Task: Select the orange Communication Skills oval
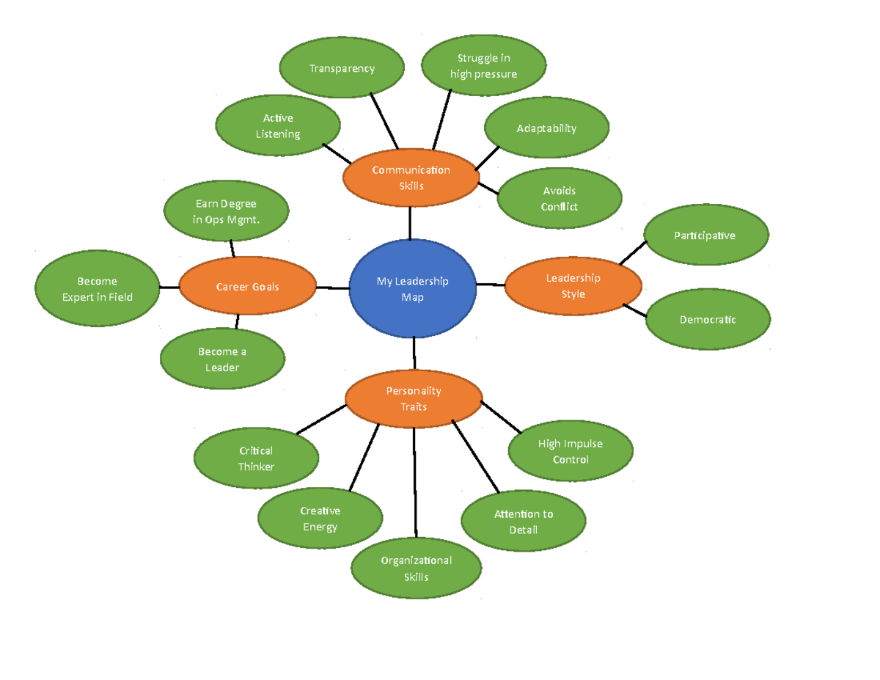click(x=411, y=178)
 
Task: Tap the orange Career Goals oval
click(x=248, y=287)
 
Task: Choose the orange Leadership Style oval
click(x=573, y=285)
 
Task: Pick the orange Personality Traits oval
click(x=414, y=398)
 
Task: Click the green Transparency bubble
click(x=342, y=68)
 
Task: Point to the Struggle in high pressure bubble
click(x=484, y=66)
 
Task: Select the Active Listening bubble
click(x=278, y=125)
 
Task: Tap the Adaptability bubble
click(x=546, y=128)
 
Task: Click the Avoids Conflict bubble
click(x=560, y=199)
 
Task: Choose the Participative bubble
click(x=705, y=235)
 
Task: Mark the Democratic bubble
click(x=708, y=319)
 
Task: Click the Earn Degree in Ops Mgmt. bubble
click(x=226, y=211)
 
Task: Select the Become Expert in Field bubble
click(x=98, y=289)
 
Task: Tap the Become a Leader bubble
click(x=222, y=359)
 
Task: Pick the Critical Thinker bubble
click(x=256, y=458)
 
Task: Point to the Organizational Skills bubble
click(x=416, y=569)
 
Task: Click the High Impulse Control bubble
click(x=571, y=451)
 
